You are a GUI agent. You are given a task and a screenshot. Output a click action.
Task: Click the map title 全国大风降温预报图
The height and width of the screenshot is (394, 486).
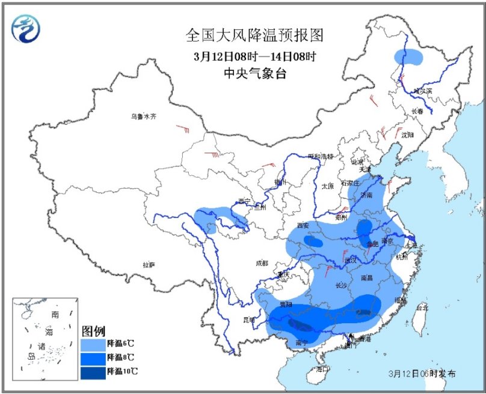[x=254, y=35]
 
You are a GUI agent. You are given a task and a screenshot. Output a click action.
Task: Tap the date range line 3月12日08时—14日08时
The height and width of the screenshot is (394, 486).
[x=254, y=56]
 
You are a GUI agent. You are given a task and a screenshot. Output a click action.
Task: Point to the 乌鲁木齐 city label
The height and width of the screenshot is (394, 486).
[x=144, y=116]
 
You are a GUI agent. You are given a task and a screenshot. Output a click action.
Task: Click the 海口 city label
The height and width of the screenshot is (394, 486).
[x=324, y=370]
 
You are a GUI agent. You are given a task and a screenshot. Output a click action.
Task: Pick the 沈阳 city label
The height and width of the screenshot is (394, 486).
[x=408, y=135]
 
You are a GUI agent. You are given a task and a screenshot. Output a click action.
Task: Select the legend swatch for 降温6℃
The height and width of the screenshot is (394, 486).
[x=93, y=344]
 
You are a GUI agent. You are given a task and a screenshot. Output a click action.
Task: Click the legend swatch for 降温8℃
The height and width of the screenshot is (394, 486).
[x=93, y=357]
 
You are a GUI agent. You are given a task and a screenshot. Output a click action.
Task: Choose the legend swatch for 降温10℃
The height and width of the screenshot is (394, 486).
[x=93, y=371]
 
